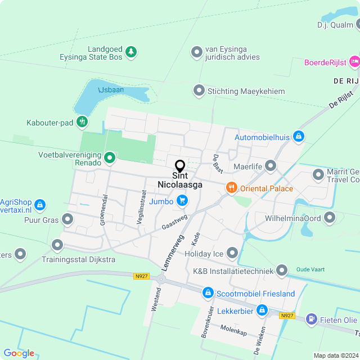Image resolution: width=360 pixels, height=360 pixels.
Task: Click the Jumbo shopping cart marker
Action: (x=182, y=200)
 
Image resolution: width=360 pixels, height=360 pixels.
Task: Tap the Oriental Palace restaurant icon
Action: (x=230, y=188)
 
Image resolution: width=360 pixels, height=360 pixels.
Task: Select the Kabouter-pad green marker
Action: (x=82, y=121)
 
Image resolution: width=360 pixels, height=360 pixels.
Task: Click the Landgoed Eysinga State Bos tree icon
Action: (x=131, y=52)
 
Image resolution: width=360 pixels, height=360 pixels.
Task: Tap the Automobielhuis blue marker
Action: (x=299, y=136)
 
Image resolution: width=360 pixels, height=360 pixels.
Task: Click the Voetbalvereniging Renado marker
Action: (x=110, y=159)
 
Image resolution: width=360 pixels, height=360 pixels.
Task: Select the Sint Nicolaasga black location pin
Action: (x=180, y=166)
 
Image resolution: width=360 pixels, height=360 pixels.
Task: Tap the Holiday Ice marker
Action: (x=232, y=254)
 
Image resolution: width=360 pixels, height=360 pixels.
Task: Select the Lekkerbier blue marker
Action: (x=262, y=309)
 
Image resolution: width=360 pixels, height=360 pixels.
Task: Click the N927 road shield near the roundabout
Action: (x=142, y=276)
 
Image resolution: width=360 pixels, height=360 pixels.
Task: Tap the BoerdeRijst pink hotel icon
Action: (x=354, y=61)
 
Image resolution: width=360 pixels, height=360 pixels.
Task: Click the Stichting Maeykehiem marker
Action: (x=199, y=91)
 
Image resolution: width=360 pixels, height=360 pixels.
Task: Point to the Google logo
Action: (x=19, y=353)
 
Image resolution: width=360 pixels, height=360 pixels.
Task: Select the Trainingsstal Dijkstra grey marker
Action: (x=57, y=245)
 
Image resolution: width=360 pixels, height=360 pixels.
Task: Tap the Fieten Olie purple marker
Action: (x=311, y=319)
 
